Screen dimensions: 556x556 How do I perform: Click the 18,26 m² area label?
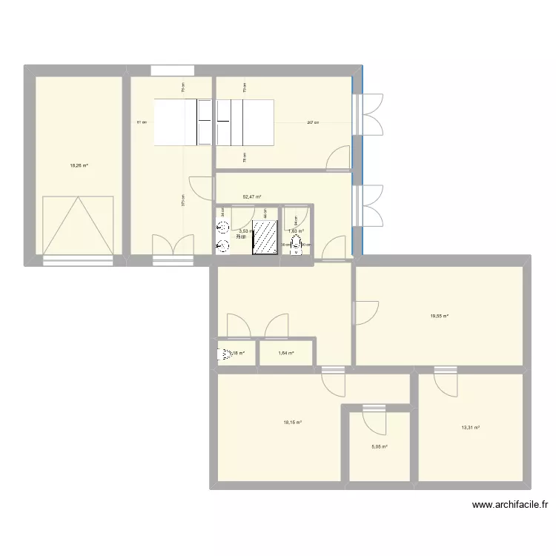point(79,166)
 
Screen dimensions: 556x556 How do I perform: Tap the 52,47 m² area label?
point(252,196)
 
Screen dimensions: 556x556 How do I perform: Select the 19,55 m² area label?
point(440,316)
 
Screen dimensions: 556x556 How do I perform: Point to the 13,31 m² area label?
point(471,428)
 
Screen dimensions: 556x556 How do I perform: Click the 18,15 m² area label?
point(292,423)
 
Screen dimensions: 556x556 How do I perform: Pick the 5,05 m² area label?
point(380,446)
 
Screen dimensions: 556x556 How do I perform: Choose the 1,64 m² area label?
point(287,353)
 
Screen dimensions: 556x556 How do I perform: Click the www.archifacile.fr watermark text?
point(512,506)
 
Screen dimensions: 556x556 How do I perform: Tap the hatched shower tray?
point(264,236)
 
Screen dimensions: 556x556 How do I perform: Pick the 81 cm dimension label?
point(141,123)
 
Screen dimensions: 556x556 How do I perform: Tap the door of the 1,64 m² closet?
point(277,325)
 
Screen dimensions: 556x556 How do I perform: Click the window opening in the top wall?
point(173,70)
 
